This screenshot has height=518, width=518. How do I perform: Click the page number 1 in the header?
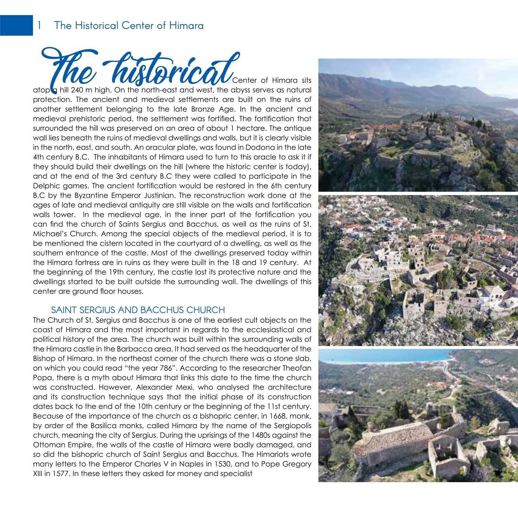39,25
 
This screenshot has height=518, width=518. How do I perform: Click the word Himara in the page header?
186,25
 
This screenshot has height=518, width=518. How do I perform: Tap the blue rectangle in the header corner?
16,25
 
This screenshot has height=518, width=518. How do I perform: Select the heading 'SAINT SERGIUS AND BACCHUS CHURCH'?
138,310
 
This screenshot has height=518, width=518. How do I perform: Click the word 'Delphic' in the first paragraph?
47,186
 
